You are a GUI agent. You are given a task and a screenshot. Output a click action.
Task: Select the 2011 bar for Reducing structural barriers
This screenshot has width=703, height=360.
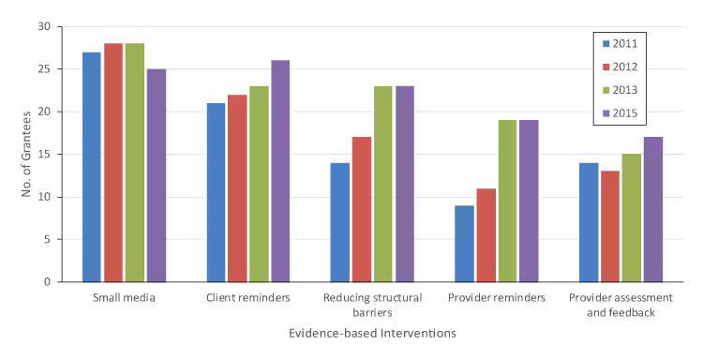pos(339,222)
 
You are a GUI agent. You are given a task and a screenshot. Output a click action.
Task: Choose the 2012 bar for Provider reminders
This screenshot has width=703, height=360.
pos(485,235)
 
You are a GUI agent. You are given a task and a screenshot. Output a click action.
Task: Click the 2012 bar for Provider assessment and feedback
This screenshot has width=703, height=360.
pos(608,227)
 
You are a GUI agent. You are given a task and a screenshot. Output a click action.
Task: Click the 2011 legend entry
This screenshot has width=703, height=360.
pos(622,43)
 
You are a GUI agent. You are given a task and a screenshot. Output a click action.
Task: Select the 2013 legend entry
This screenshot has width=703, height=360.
pos(622,91)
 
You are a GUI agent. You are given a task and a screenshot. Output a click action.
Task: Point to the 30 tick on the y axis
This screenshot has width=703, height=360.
pos(44,26)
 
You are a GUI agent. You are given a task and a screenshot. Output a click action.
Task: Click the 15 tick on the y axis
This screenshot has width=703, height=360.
pos(44,154)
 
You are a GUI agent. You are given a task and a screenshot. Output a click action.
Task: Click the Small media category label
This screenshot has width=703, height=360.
pos(124,298)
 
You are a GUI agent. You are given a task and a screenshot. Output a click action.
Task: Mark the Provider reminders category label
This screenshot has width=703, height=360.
pos(496,298)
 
